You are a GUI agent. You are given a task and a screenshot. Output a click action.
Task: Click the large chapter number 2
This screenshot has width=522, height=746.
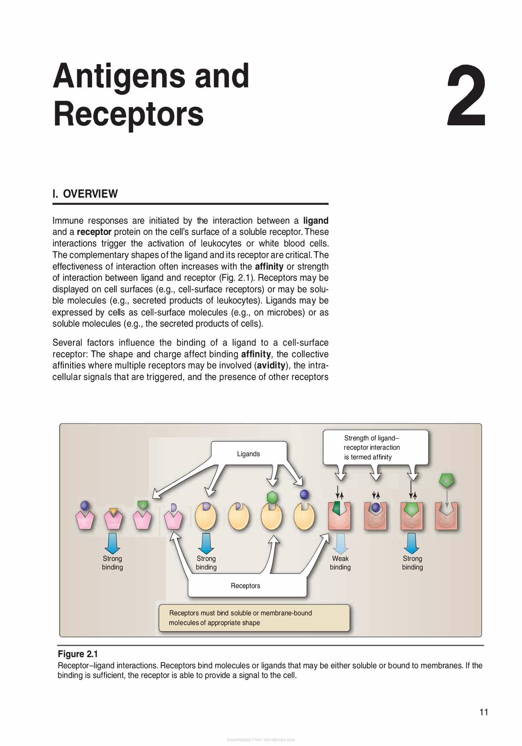coord(466,95)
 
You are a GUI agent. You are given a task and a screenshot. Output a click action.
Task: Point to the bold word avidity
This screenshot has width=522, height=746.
coord(271,365)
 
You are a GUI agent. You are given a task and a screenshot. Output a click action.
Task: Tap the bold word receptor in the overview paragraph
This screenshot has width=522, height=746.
coord(94,232)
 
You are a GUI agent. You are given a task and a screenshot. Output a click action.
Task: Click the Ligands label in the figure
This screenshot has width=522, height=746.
coord(248,454)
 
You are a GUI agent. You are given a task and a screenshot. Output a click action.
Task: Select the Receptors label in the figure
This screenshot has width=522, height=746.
coord(245,586)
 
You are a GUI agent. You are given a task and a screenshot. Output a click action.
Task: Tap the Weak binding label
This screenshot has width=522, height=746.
coord(340,563)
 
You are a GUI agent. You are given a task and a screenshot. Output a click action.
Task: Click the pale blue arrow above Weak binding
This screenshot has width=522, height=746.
coord(340,543)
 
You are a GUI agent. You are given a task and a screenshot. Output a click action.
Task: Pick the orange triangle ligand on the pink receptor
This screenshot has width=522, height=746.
coord(113,512)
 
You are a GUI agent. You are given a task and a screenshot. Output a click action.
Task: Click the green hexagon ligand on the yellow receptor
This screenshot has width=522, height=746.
coord(273,498)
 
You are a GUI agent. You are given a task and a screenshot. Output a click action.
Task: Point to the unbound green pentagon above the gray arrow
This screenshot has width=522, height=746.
coord(447,481)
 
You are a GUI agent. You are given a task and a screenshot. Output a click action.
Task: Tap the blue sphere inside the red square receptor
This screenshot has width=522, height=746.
coord(376,507)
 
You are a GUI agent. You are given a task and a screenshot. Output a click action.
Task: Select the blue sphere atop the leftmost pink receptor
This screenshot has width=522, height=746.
coord(85,506)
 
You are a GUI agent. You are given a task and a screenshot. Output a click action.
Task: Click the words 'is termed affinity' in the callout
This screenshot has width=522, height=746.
coord(368,457)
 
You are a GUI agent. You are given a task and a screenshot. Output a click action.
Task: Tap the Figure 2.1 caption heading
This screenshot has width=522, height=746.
coord(78,654)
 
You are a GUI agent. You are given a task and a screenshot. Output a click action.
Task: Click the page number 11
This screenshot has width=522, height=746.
coord(484,712)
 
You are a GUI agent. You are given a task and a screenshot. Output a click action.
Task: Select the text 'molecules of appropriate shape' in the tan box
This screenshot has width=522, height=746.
coord(214,623)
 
